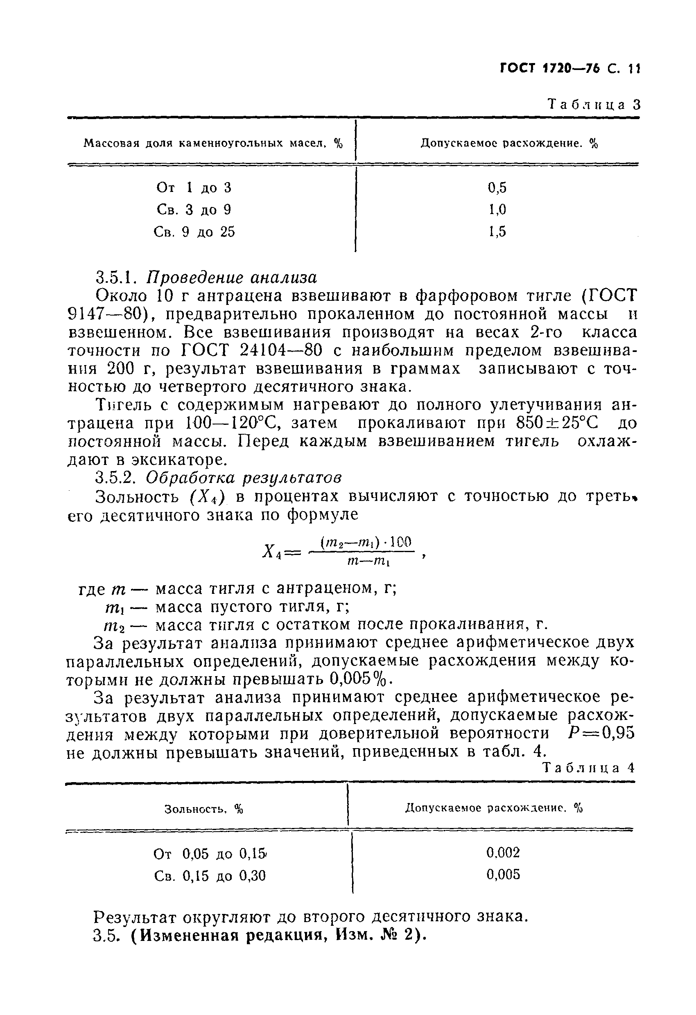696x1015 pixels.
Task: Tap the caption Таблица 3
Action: [x=594, y=104]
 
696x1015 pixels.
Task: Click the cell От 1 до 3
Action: [x=194, y=188]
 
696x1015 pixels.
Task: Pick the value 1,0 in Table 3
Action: [x=497, y=210]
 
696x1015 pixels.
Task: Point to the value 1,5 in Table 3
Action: [x=497, y=232]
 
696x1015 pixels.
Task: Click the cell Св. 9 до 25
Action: [x=194, y=232]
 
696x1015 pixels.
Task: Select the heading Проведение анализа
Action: [x=231, y=277]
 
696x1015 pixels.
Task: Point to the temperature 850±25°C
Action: [x=558, y=423]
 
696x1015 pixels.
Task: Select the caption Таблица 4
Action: [x=588, y=768]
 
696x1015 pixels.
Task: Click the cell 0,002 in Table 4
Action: [x=503, y=852]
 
